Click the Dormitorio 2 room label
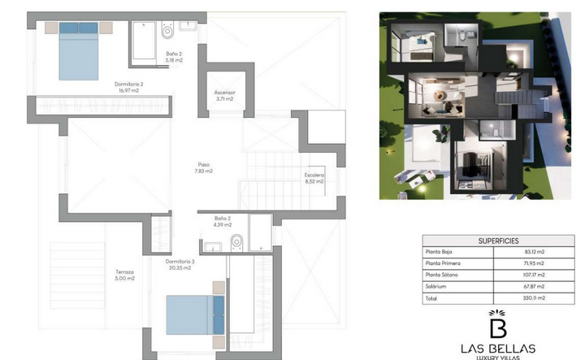tap(128, 87)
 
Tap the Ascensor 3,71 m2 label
tap(224, 96)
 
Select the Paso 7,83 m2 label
tap(204, 168)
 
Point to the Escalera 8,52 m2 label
tap(314, 178)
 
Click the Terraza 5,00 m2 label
tap(124, 275)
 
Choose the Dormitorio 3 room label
tap(180, 264)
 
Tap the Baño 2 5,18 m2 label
tap(174, 57)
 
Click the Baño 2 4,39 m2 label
tap(223, 221)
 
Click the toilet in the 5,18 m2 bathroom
tap(167, 30)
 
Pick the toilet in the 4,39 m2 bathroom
tap(237, 243)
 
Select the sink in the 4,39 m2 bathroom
tap(213, 247)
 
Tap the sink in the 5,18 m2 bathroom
tap(188, 26)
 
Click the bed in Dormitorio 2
tap(79, 51)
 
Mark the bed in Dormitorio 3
tap(195, 314)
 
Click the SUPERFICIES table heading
tap(498, 241)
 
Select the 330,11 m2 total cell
tap(535, 298)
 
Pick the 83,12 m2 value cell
tap(535, 252)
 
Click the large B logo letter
tap(498, 328)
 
